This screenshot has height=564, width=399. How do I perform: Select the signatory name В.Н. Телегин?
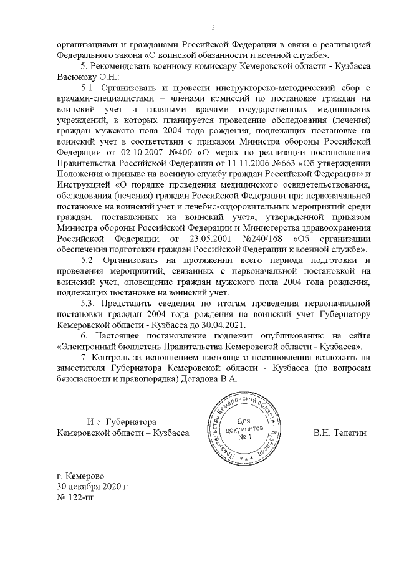click(339, 432)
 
